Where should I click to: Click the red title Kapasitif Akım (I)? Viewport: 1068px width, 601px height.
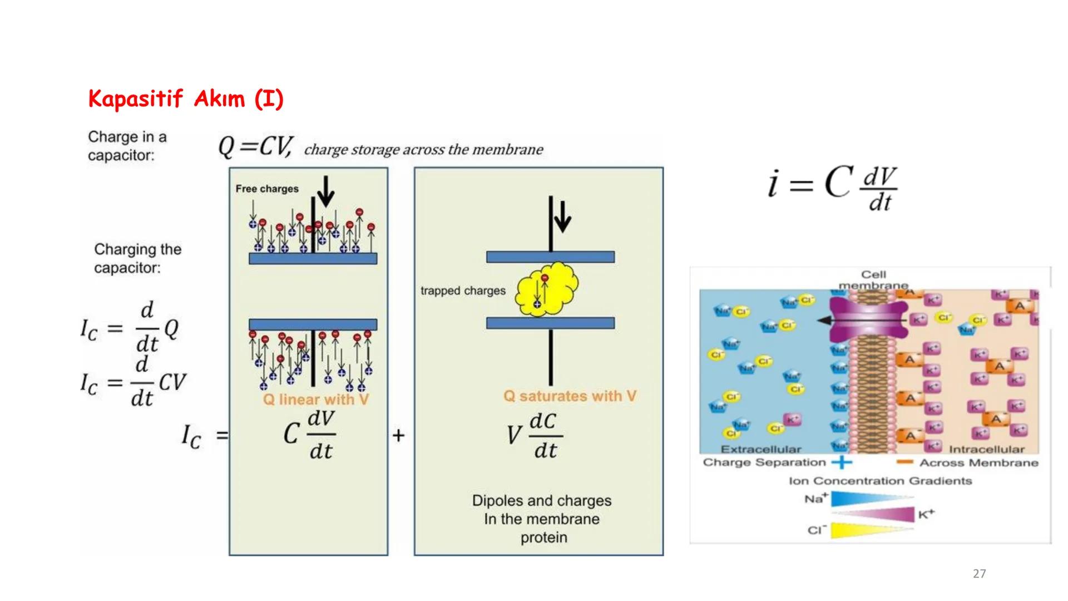click(186, 100)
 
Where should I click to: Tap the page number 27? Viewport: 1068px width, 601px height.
click(979, 574)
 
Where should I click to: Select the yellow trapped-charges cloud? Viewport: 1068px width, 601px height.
click(547, 290)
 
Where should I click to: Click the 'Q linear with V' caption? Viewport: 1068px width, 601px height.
click(315, 400)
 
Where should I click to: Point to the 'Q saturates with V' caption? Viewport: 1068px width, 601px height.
click(570, 396)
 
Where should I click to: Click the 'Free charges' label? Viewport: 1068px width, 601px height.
click(267, 189)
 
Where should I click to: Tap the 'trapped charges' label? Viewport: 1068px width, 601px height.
click(463, 290)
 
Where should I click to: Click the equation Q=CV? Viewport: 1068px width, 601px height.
click(255, 147)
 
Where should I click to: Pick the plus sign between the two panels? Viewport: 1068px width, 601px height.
click(398, 435)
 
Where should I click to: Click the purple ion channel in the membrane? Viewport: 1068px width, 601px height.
click(868, 319)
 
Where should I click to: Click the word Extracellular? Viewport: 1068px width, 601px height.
click(760, 449)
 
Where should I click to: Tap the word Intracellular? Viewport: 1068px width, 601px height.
click(986, 449)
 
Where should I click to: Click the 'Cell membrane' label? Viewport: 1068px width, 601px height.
click(873, 279)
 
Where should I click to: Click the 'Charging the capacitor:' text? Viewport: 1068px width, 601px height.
click(137, 258)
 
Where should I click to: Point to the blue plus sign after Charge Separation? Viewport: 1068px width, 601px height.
click(842, 462)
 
